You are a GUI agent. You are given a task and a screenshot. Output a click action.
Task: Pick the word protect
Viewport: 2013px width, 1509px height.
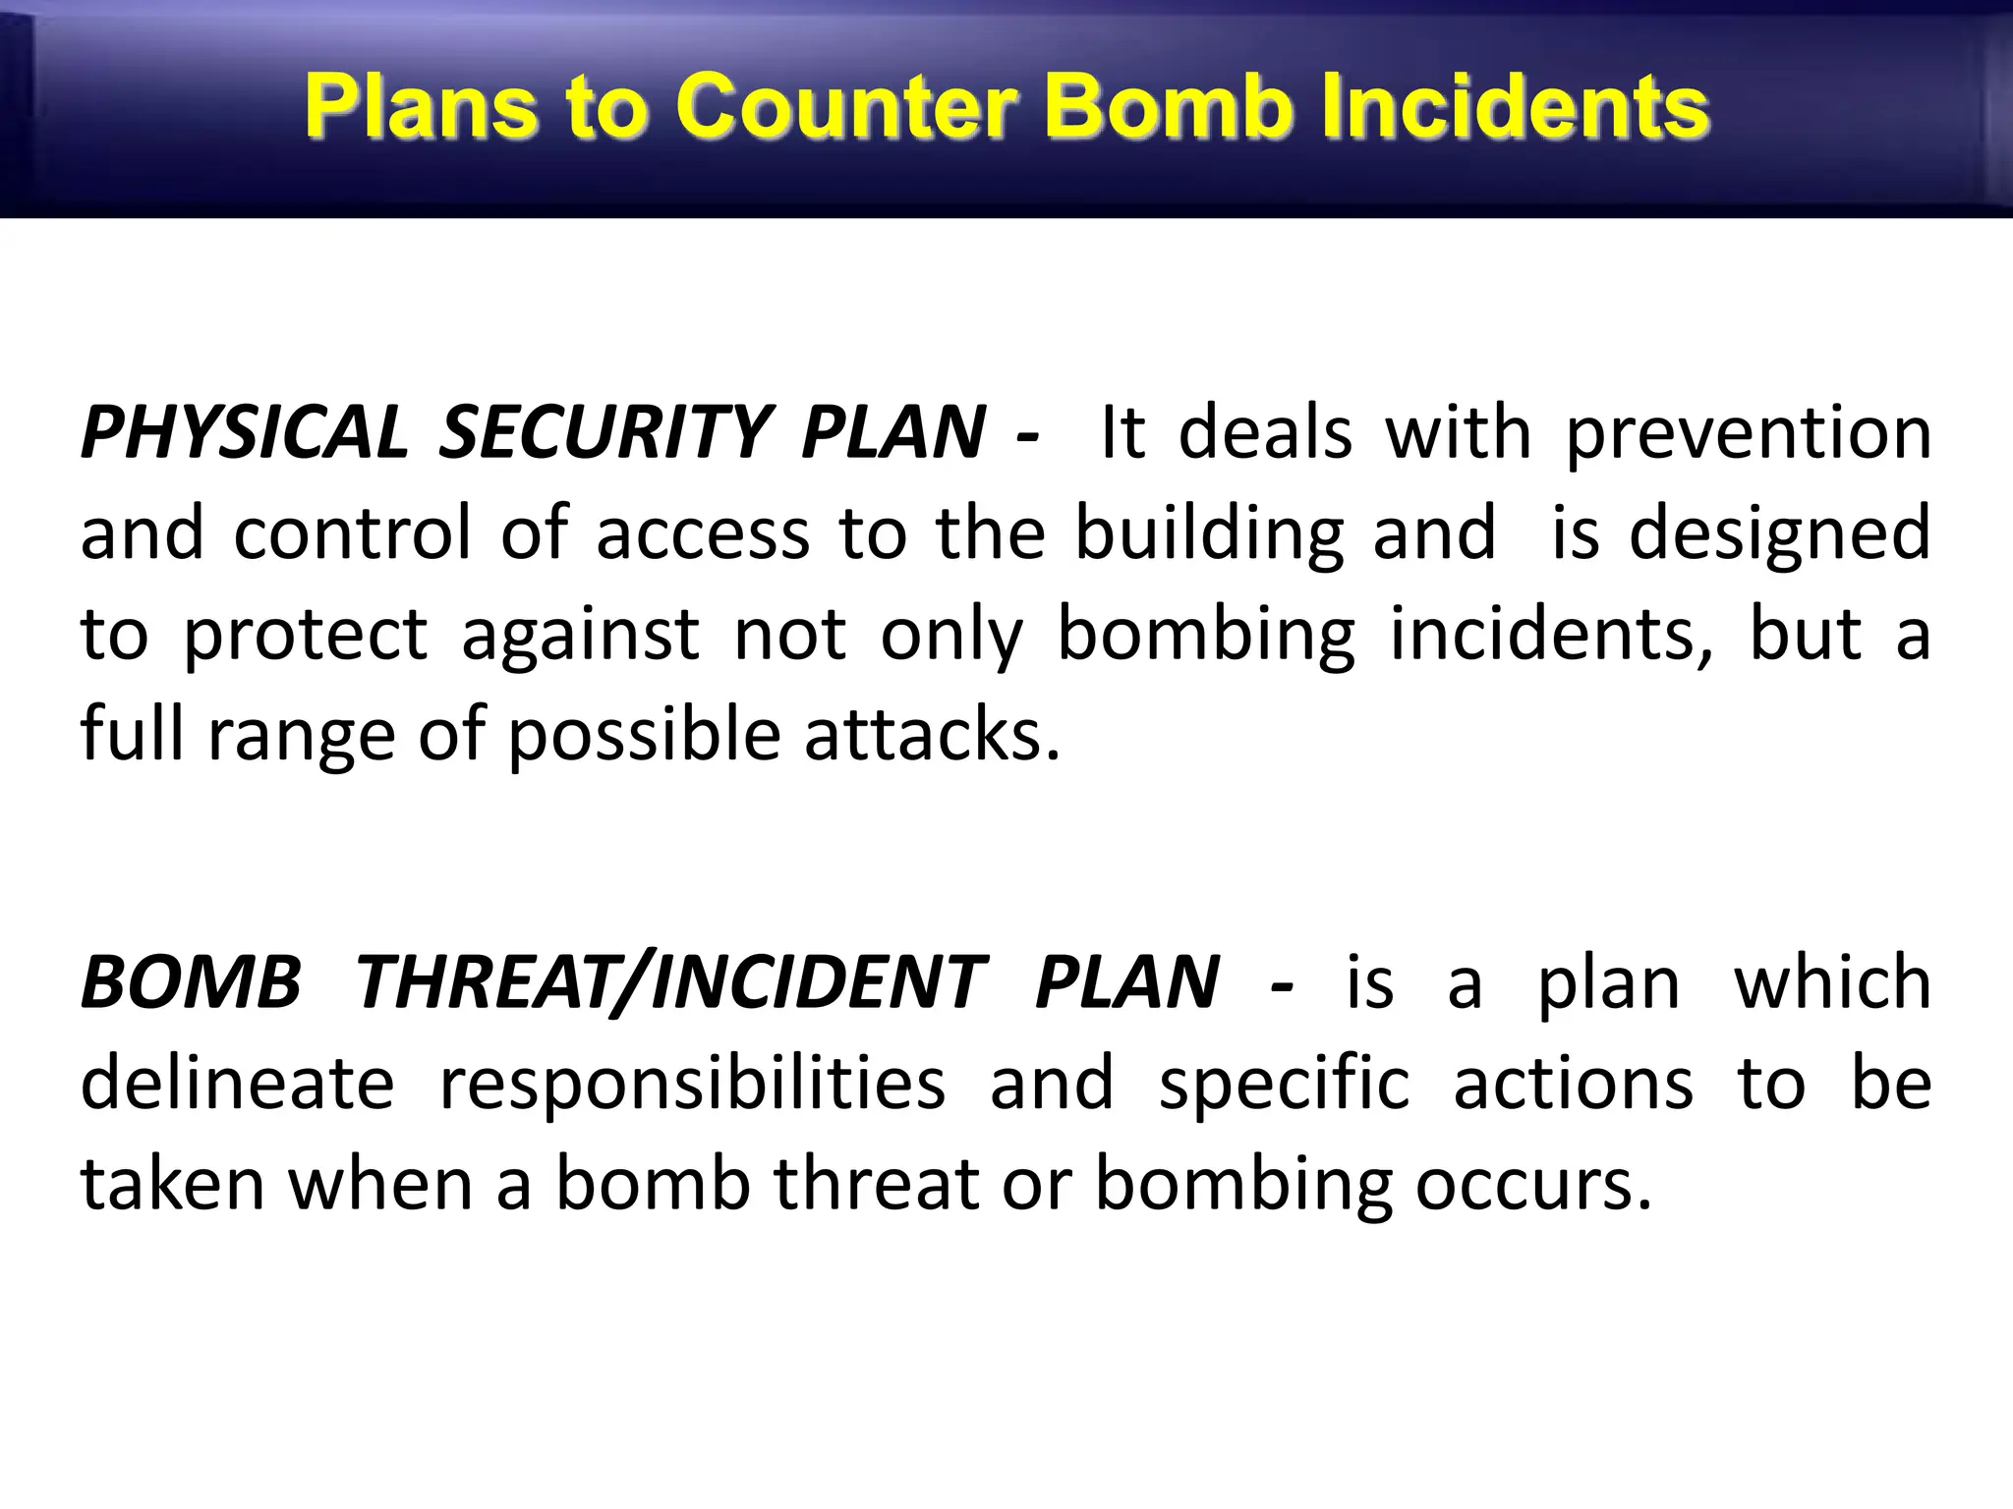(x=306, y=636)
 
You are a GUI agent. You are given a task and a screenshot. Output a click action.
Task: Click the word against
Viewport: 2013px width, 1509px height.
(x=580, y=636)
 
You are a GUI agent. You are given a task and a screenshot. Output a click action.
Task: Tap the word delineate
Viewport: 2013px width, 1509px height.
(x=237, y=1084)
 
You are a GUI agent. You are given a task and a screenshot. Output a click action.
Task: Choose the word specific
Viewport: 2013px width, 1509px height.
(x=1284, y=1086)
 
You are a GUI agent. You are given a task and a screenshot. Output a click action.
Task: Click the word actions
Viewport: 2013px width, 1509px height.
(x=1573, y=1084)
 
